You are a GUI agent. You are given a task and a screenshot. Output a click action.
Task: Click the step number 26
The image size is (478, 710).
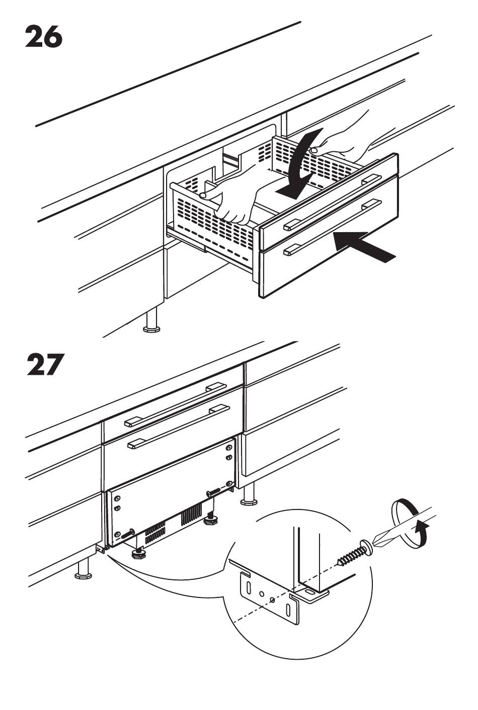(x=44, y=38)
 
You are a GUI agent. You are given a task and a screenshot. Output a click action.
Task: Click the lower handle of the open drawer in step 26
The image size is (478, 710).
(x=332, y=227)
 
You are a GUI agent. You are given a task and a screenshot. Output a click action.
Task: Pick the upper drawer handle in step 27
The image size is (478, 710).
(x=176, y=405)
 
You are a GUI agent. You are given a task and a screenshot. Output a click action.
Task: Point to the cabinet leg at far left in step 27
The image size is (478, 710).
(x=84, y=568)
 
